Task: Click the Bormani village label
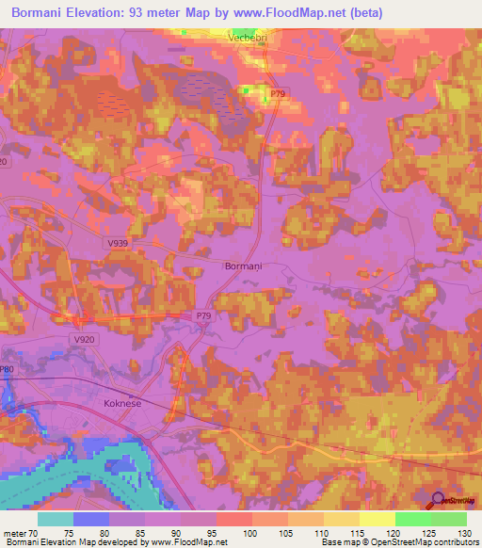point(244,266)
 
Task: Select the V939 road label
point(118,243)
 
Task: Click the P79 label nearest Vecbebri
point(277,94)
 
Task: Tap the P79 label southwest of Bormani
point(204,316)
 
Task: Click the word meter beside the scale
point(13,534)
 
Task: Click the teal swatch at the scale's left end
point(56,519)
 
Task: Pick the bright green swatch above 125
point(412,519)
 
